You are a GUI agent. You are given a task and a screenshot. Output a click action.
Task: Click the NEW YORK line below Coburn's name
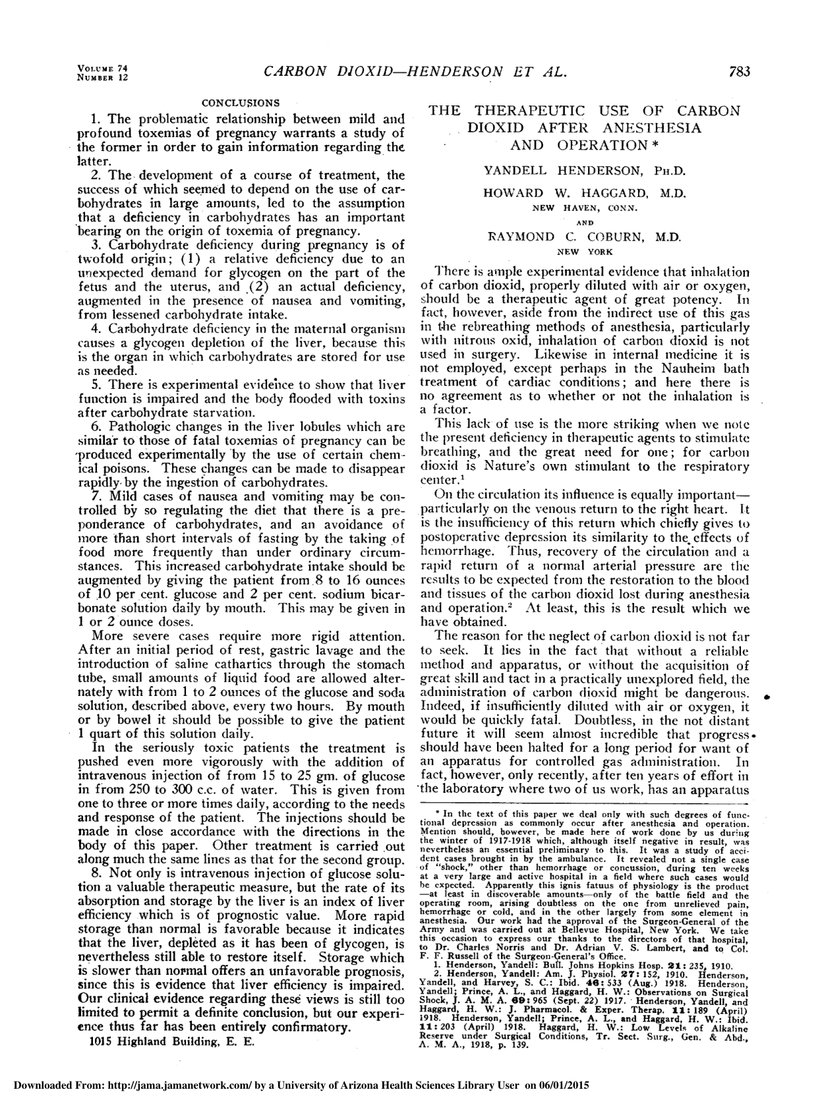click(585, 251)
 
